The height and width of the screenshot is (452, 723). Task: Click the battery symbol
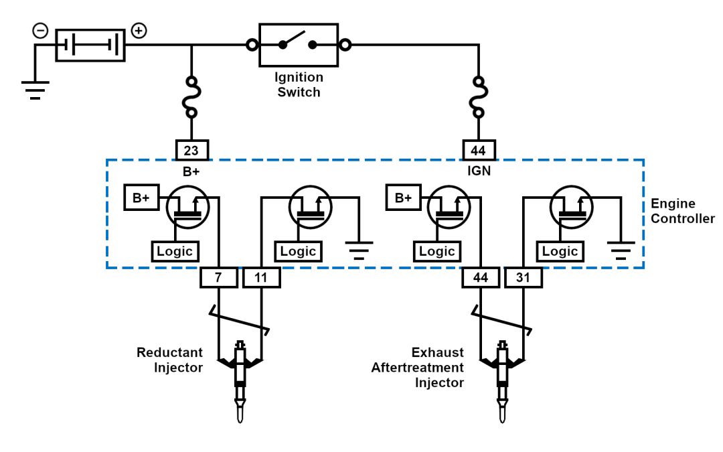pyautogui.click(x=90, y=46)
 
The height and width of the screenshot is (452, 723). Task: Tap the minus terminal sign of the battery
pyautogui.click(x=41, y=31)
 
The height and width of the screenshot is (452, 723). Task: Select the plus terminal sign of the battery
pyautogui.click(x=139, y=31)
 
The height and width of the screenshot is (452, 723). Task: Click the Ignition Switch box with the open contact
pyautogui.click(x=299, y=45)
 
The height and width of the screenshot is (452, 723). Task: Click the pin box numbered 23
pyautogui.click(x=192, y=149)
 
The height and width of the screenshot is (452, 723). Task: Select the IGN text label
pyautogui.click(x=479, y=171)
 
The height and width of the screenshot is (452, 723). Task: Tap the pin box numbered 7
pyautogui.click(x=219, y=277)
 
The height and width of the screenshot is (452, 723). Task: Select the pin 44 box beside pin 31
pyautogui.click(x=480, y=277)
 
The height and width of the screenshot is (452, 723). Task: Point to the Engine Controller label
pyautogui.click(x=682, y=211)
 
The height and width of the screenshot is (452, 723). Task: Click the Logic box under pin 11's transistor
pyautogui.click(x=298, y=251)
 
